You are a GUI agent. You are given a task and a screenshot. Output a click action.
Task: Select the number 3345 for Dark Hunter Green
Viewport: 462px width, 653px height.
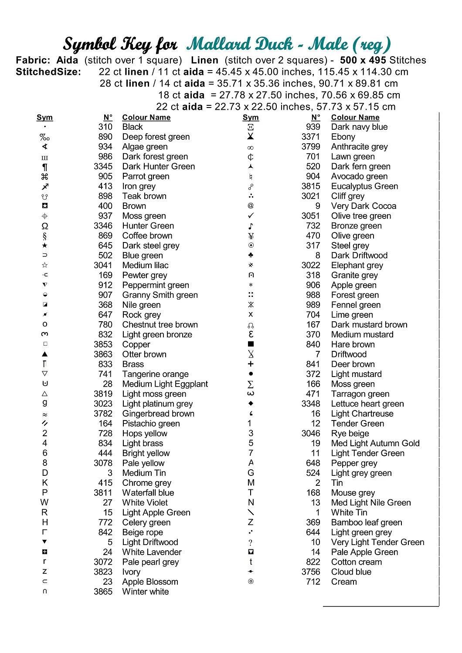tap(103, 166)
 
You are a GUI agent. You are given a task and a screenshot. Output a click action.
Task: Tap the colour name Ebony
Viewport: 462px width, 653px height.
tap(343, 137)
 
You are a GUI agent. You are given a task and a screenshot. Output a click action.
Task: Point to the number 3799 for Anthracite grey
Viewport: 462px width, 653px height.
tap(311, 147)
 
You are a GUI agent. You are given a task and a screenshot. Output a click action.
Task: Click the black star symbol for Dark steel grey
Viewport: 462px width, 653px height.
tap(44, 246)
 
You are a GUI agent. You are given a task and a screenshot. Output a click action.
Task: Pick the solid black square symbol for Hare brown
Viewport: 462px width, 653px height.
tap(251, 344)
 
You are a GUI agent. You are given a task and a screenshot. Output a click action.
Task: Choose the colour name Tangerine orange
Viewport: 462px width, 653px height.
tap(155, 374)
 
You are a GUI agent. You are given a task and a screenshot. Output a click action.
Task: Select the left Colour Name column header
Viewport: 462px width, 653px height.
tap(146, 117)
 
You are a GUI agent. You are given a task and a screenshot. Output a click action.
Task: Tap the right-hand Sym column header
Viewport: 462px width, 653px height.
tap(251, 117)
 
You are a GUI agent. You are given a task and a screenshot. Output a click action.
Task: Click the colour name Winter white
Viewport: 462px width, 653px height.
tap(145, 592)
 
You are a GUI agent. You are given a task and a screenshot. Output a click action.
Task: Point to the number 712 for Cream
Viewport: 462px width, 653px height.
tap(313, 582)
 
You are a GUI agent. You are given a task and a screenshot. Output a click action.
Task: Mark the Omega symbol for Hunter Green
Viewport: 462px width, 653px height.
tap(44, 226)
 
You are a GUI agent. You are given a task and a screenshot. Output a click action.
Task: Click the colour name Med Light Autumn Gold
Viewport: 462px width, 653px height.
tap(375, 443)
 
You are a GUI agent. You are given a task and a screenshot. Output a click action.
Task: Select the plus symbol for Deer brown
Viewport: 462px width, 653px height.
tap(251, 364)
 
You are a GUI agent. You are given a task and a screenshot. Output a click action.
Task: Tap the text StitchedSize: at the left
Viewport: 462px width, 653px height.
tap(48, 72)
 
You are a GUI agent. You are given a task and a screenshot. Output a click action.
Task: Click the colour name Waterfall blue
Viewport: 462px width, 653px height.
tap(148, 493)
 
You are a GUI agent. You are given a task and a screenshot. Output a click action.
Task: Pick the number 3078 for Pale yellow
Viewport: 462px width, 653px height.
tap(103, 463)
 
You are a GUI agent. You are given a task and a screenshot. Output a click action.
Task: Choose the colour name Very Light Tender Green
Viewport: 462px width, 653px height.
tap(377, 542)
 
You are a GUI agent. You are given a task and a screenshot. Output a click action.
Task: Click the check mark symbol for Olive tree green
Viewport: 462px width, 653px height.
tap(251, 215)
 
